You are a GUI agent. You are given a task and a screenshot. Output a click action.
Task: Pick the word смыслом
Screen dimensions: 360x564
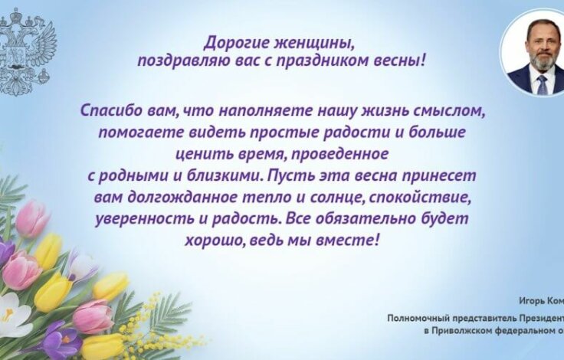click(x=450, y=110)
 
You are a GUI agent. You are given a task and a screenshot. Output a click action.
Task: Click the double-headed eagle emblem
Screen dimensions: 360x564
click(x=28, y=50)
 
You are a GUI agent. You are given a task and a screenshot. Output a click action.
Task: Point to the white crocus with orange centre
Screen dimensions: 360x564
click(x=13, y=314)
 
